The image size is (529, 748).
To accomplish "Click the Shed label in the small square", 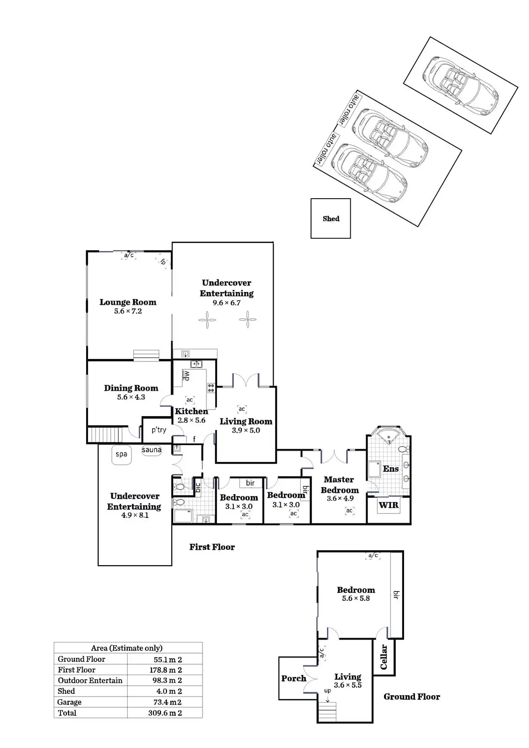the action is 331,219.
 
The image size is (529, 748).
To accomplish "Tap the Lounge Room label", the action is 128,302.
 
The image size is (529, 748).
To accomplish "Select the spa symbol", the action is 122,454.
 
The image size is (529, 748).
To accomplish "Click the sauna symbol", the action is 152,450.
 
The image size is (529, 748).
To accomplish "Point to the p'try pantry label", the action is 159,430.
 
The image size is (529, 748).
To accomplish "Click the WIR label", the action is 388,505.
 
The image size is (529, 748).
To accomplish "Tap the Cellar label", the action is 384,657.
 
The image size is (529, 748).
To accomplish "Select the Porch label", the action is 294,678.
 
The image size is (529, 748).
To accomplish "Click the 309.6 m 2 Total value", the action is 165,713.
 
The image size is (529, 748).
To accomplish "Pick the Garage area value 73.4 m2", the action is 165,702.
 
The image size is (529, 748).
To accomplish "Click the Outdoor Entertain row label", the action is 90,681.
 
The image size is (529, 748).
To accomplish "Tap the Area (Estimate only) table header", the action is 127,648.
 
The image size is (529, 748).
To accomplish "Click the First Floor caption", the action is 212,547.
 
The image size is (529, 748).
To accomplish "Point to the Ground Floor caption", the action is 412,697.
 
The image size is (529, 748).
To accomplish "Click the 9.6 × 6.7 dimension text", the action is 226,303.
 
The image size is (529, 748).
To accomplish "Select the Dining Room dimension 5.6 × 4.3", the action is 131,397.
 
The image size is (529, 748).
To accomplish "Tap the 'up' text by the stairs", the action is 327,690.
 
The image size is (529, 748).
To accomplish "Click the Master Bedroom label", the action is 340,485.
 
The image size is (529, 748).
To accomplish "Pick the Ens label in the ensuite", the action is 391,469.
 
